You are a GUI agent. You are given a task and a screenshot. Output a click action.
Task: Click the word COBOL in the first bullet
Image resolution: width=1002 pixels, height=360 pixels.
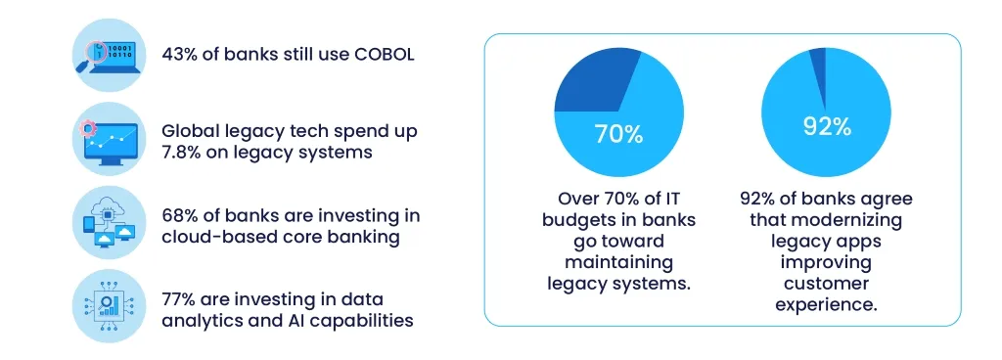(384, 54)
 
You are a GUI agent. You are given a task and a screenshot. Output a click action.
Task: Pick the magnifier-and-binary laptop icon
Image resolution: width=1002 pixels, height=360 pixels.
(110, 55)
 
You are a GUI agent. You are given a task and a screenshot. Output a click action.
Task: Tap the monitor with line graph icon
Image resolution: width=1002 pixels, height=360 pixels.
(110, 140)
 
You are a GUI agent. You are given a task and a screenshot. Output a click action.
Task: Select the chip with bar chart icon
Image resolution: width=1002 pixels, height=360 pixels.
(110, 306)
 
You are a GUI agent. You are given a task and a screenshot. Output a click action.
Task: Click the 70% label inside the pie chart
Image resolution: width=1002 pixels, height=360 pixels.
(618, 134)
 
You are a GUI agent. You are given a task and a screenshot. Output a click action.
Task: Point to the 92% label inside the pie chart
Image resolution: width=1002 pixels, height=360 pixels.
(827, 126)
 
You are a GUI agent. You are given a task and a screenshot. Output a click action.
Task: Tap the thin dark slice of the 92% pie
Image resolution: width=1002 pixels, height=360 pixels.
(819, 76)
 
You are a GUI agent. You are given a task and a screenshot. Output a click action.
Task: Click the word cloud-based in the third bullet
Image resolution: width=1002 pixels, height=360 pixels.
(213, 237)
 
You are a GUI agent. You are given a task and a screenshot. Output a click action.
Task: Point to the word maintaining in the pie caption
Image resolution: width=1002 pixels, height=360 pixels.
(618, 262)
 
